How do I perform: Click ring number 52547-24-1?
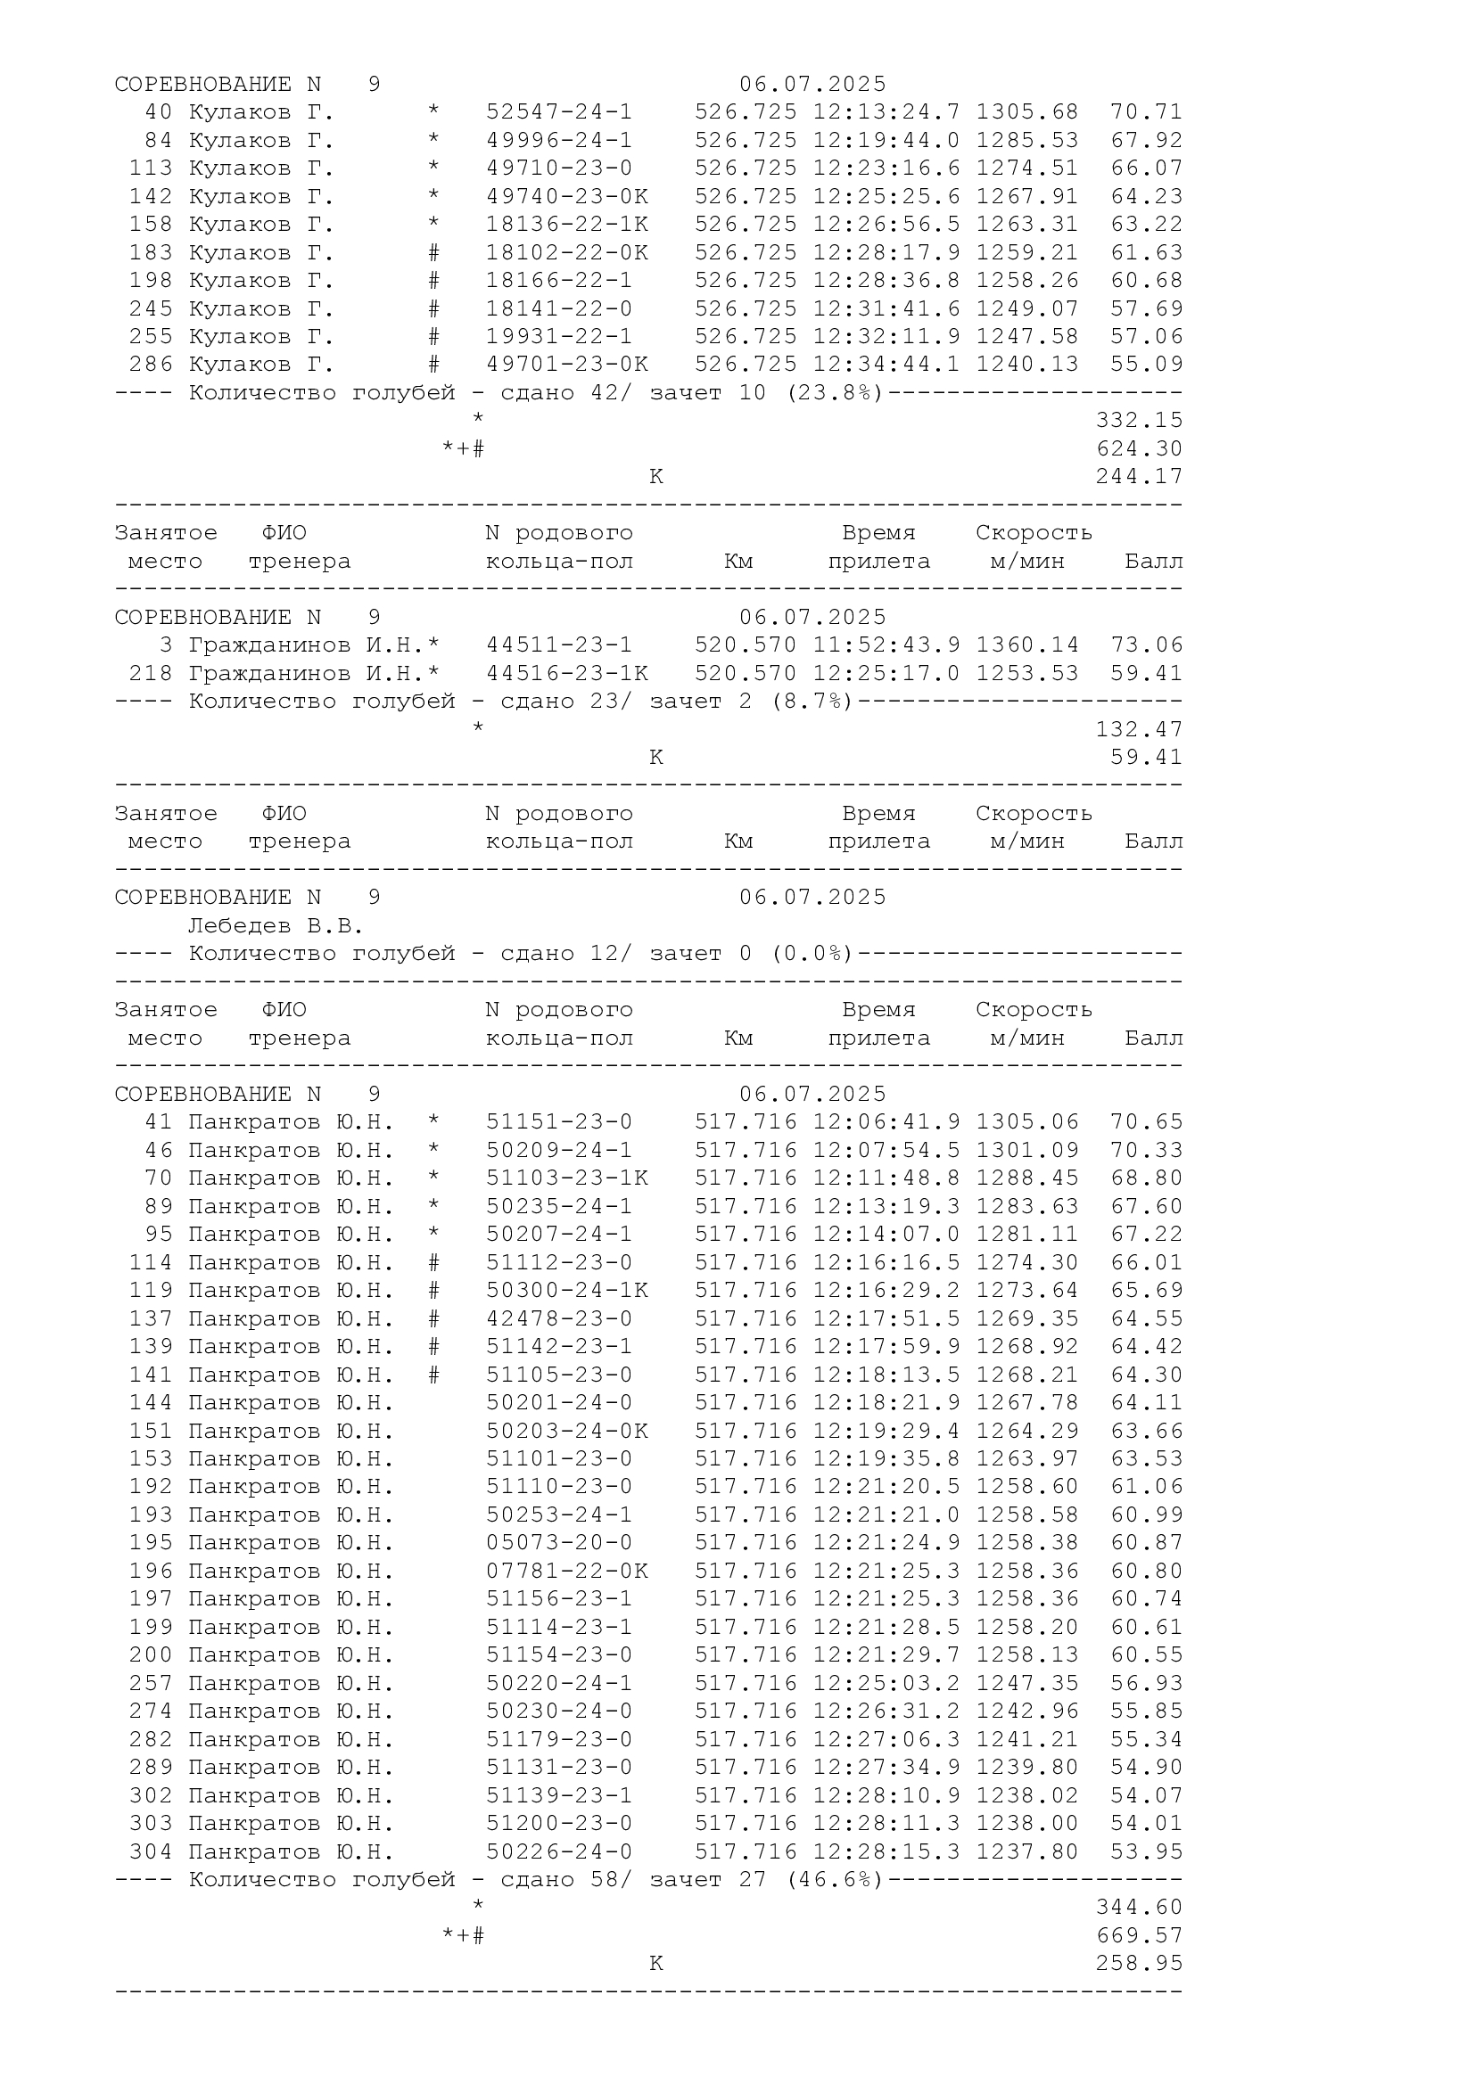(558, 112)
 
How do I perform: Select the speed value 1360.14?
(1027, 645)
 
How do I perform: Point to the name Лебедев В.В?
(276, 926)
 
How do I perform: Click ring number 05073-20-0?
(558, 1543)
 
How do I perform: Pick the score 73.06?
(1146, 645)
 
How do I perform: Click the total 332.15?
(1139, 421)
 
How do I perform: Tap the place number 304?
(150, 1851)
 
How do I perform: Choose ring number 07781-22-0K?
(567, 1571)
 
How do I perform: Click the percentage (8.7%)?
(811, 701)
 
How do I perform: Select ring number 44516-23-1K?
(567, 674)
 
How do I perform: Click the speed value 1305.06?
(1027, 1122)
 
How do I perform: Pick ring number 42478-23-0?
(558, 1318)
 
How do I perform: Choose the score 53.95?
(1146, 1851)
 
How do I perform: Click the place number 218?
(150, 674)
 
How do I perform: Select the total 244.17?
(1139, 477)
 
